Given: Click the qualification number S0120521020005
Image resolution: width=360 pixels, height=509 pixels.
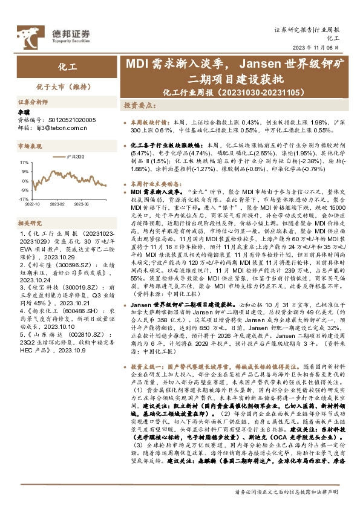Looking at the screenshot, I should (x=70, y=120).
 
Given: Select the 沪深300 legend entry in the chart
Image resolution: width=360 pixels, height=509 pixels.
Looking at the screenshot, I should (x=80, y=157).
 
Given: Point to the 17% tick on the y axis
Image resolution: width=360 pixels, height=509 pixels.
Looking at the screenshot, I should (x=24, y=162).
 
